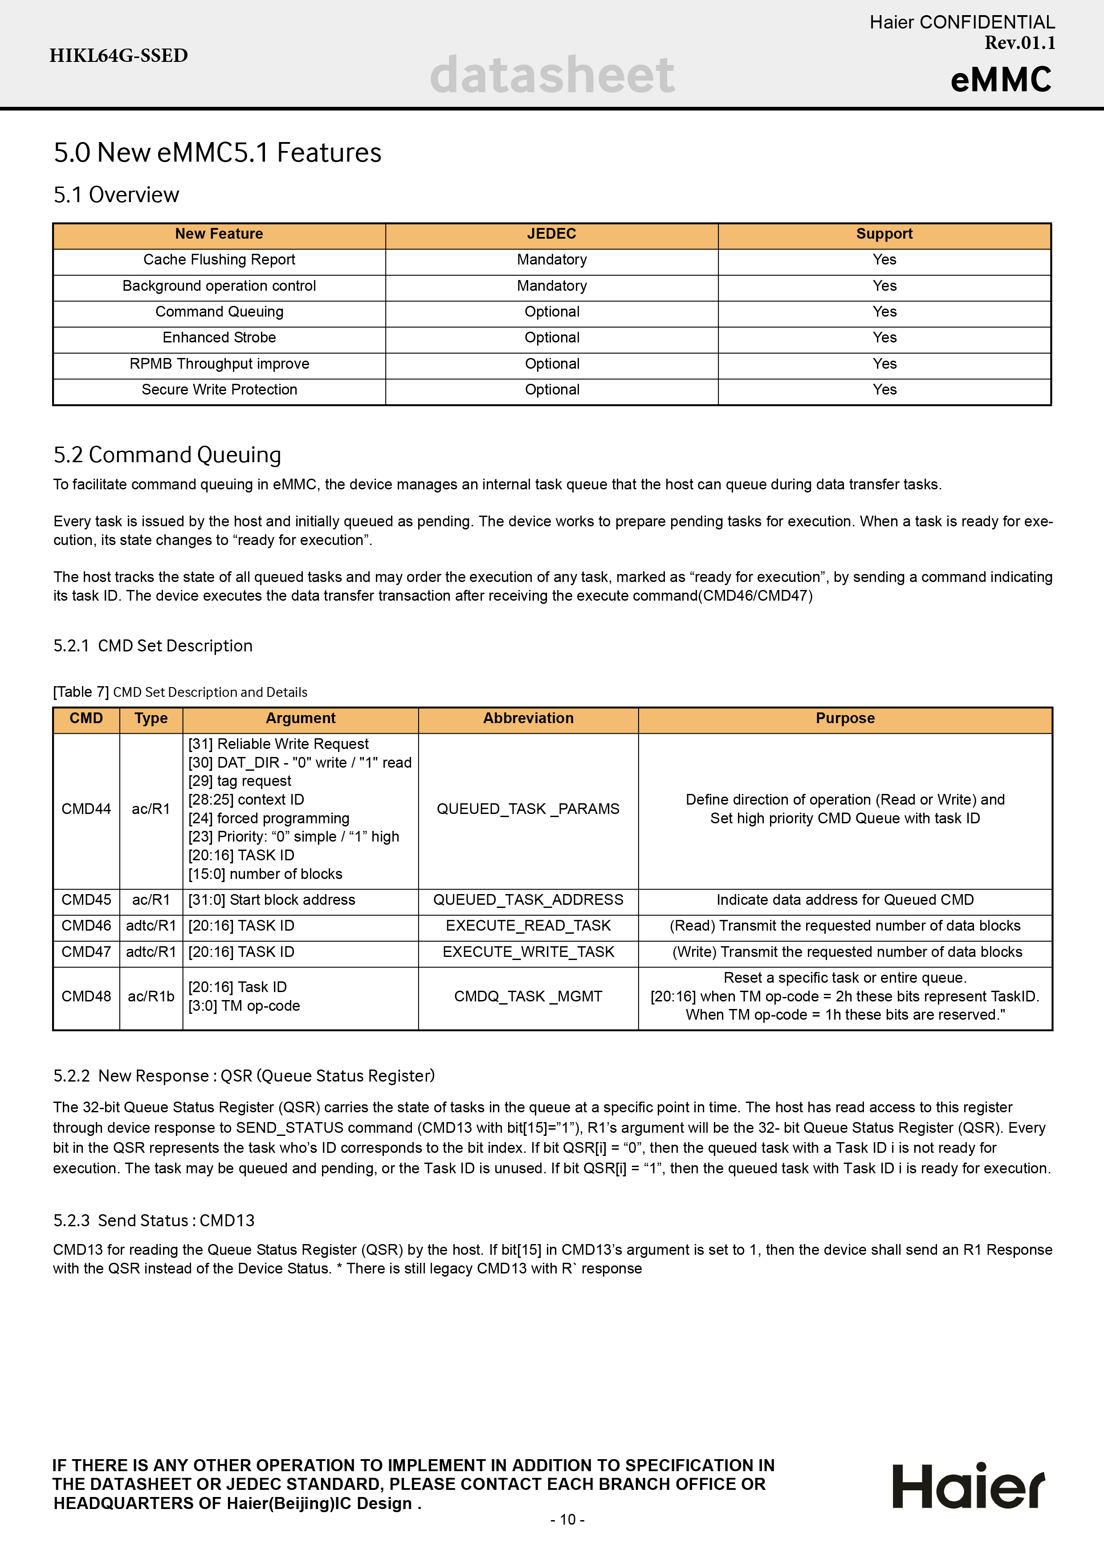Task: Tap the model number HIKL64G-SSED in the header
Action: (118, 56)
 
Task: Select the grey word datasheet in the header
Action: (552, 75)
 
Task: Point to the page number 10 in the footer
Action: (567, 1519)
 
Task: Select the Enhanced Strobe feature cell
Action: (219, 338)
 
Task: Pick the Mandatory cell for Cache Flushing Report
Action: (552, 260)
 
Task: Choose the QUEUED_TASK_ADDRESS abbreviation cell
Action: (528, 900)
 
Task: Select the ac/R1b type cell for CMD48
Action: (151, 997)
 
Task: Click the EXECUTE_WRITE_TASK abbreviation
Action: (528, 952)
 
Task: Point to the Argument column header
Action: (300, 718)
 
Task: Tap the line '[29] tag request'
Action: (240, 781)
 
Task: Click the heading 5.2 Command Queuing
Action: (167, 455)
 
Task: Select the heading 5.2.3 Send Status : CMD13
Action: (154, 1220)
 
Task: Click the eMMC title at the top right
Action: (1001, 80)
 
